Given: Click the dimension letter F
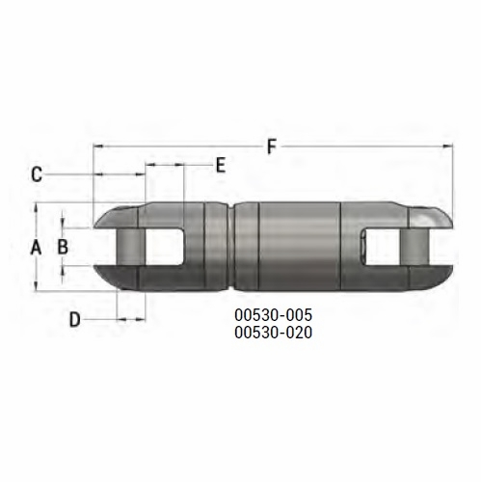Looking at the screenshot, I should point(272,147).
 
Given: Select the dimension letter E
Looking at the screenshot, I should point(220,166).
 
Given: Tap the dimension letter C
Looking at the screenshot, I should point(36,174).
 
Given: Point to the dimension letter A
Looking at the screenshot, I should point(36,247).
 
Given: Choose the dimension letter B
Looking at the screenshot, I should point(63,247).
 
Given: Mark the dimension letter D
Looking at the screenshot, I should point(75,319).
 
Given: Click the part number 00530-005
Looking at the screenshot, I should point(274,315).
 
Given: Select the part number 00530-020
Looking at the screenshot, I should point(274,332).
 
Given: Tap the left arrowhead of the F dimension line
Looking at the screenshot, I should point(97,147).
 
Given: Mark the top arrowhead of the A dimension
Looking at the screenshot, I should point(38,207).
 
